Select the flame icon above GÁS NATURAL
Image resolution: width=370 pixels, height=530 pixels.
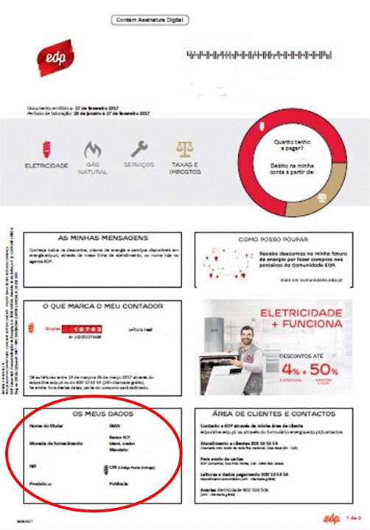(93, 149)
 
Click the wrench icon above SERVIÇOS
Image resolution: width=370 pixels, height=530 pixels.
(139, 149)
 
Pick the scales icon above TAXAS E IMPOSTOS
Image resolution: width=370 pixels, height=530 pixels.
(184, 149)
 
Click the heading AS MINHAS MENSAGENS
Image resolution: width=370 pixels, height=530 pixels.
(102, 239)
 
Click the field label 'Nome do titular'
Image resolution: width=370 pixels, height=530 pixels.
(42, 426)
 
